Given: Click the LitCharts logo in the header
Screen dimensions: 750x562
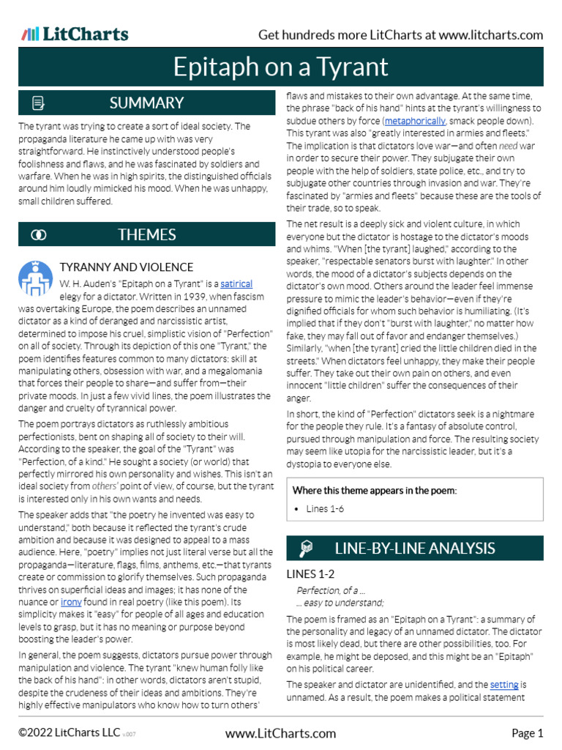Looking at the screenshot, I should pyautogui.click(x=75, y=34).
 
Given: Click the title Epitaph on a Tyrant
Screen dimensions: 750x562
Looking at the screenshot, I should pyautogui.click(x=280, y=67).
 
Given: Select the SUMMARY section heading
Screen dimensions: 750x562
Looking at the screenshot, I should pyautogui.click(x=146, y=103).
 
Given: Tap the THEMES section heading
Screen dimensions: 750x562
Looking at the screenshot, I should pyautogui.click(x=146, y=234).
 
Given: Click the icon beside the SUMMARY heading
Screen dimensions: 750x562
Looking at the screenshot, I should pyautogui.click(x=39, y=103).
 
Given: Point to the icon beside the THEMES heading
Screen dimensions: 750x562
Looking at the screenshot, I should pyautogui.click(x=39, y=234).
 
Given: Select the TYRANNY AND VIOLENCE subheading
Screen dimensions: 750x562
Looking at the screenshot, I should pyautogui.click(x=126, y=267).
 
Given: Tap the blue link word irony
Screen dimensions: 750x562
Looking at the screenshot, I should pyautogui.click(x=71, y=601).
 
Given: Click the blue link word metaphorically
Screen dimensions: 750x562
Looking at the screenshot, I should pyautogui.click(x=414, y=120).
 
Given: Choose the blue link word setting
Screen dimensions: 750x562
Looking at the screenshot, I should pyautogui.click(x=504, y=684).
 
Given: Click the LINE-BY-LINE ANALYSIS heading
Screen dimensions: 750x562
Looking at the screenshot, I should pyautogui.click(x=414, y=548).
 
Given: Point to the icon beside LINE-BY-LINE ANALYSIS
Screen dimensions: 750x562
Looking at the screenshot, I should pyautogui.click(x=307, y=548).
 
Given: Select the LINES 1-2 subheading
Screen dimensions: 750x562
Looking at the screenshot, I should pyautogui.click(x=310, y=574).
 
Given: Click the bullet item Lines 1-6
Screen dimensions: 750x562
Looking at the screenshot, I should pyautogui.click(x=325, y=508).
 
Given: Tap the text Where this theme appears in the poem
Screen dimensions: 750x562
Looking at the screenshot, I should pyautogui.click(x=374, y=490).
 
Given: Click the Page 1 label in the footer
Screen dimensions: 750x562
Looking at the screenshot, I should pyautogui.click(x=527, y=733).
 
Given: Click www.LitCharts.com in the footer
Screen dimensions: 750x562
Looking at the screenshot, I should pyautogui.click(x=280, y=733).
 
